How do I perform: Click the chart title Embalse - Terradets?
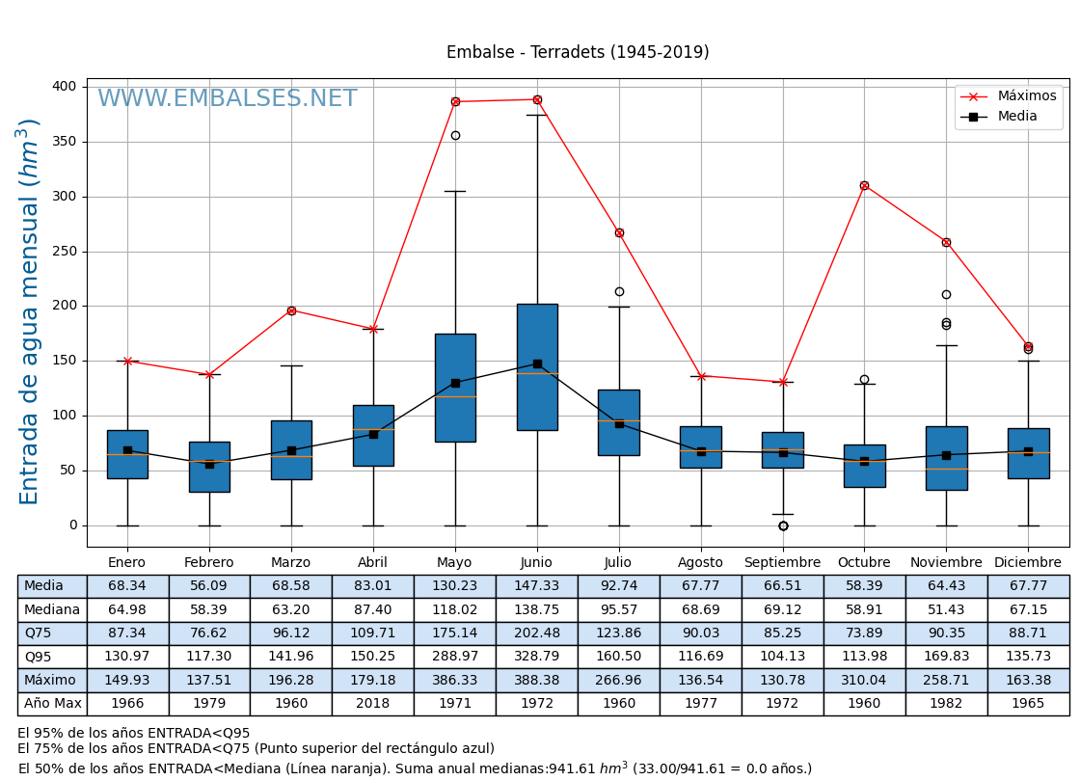578,52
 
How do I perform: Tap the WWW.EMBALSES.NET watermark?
228,99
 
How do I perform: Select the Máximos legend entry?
1026,96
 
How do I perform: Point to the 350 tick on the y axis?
64,142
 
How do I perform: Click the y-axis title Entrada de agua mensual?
30,311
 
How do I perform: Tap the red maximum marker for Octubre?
864,185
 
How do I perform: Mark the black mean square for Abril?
373,434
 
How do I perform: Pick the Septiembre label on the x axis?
782,562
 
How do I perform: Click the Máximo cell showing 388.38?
536,680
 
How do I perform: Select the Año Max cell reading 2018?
373,704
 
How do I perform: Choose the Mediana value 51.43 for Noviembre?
946,609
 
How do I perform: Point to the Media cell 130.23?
455,586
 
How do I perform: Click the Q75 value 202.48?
536,633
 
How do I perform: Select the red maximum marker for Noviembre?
946,242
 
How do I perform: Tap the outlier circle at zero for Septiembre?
783,525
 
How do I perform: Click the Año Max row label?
52,704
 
